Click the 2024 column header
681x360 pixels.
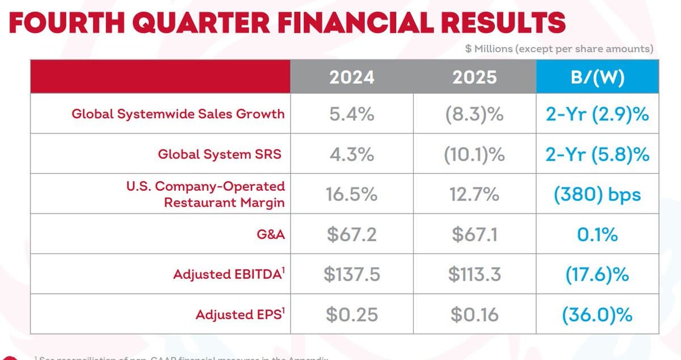click(x=351, y=77)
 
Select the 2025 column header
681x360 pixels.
click(x=474, y=77)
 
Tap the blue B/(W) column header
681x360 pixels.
click(x=597, y=77)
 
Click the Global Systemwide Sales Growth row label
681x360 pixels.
click(x=178, y=114)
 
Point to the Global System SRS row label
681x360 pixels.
click(x=219, y=154)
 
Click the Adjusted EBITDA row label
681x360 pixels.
click(x=228, y=274)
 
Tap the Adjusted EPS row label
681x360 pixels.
click(x=239, y=314)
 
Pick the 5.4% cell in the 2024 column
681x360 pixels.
click(x=351, y=114)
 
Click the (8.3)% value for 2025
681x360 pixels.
click(x=474, y=114)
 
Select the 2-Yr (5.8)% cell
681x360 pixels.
click(x=597, y=154)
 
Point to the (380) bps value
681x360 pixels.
click(x=597, y=194)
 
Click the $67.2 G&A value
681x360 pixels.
click(x=351, y=235)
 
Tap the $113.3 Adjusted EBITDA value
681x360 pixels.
click(x=474, y=275)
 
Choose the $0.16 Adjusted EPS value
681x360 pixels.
click(x=474, y=315)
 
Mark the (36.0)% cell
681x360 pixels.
click(x=597, y=315)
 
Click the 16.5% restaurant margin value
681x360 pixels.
click(x=351, y=194)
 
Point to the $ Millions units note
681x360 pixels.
click(x=559, y=49)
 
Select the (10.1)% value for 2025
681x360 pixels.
click(x=474, y=154)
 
